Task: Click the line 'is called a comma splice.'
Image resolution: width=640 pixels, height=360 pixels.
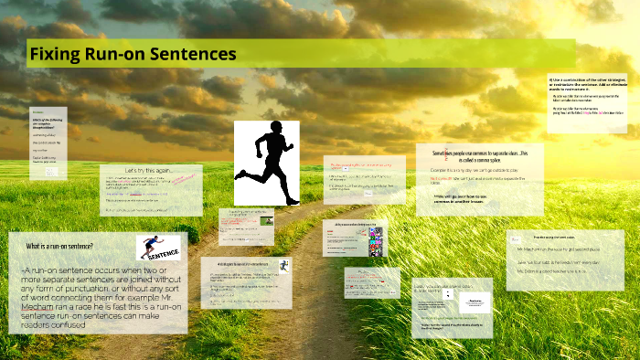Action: tap(475, 158)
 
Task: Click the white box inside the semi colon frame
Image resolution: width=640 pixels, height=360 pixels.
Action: tap(475, 302)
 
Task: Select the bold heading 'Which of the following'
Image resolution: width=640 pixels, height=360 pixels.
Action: tap(46, 120)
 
